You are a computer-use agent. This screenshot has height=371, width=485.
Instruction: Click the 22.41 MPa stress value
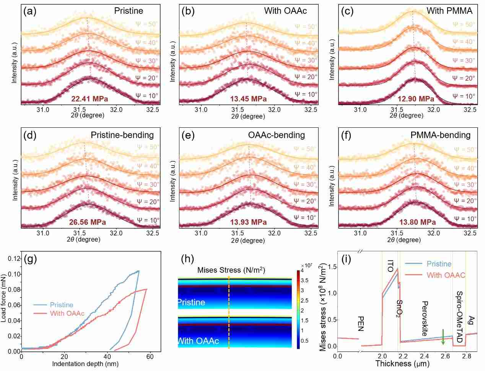click(90, 99)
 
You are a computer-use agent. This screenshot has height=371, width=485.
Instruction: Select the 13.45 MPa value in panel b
click(248, 99)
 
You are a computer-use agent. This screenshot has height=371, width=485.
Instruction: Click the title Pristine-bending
click(122, 135)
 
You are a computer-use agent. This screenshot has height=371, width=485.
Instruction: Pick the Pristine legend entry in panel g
click(61, 305)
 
